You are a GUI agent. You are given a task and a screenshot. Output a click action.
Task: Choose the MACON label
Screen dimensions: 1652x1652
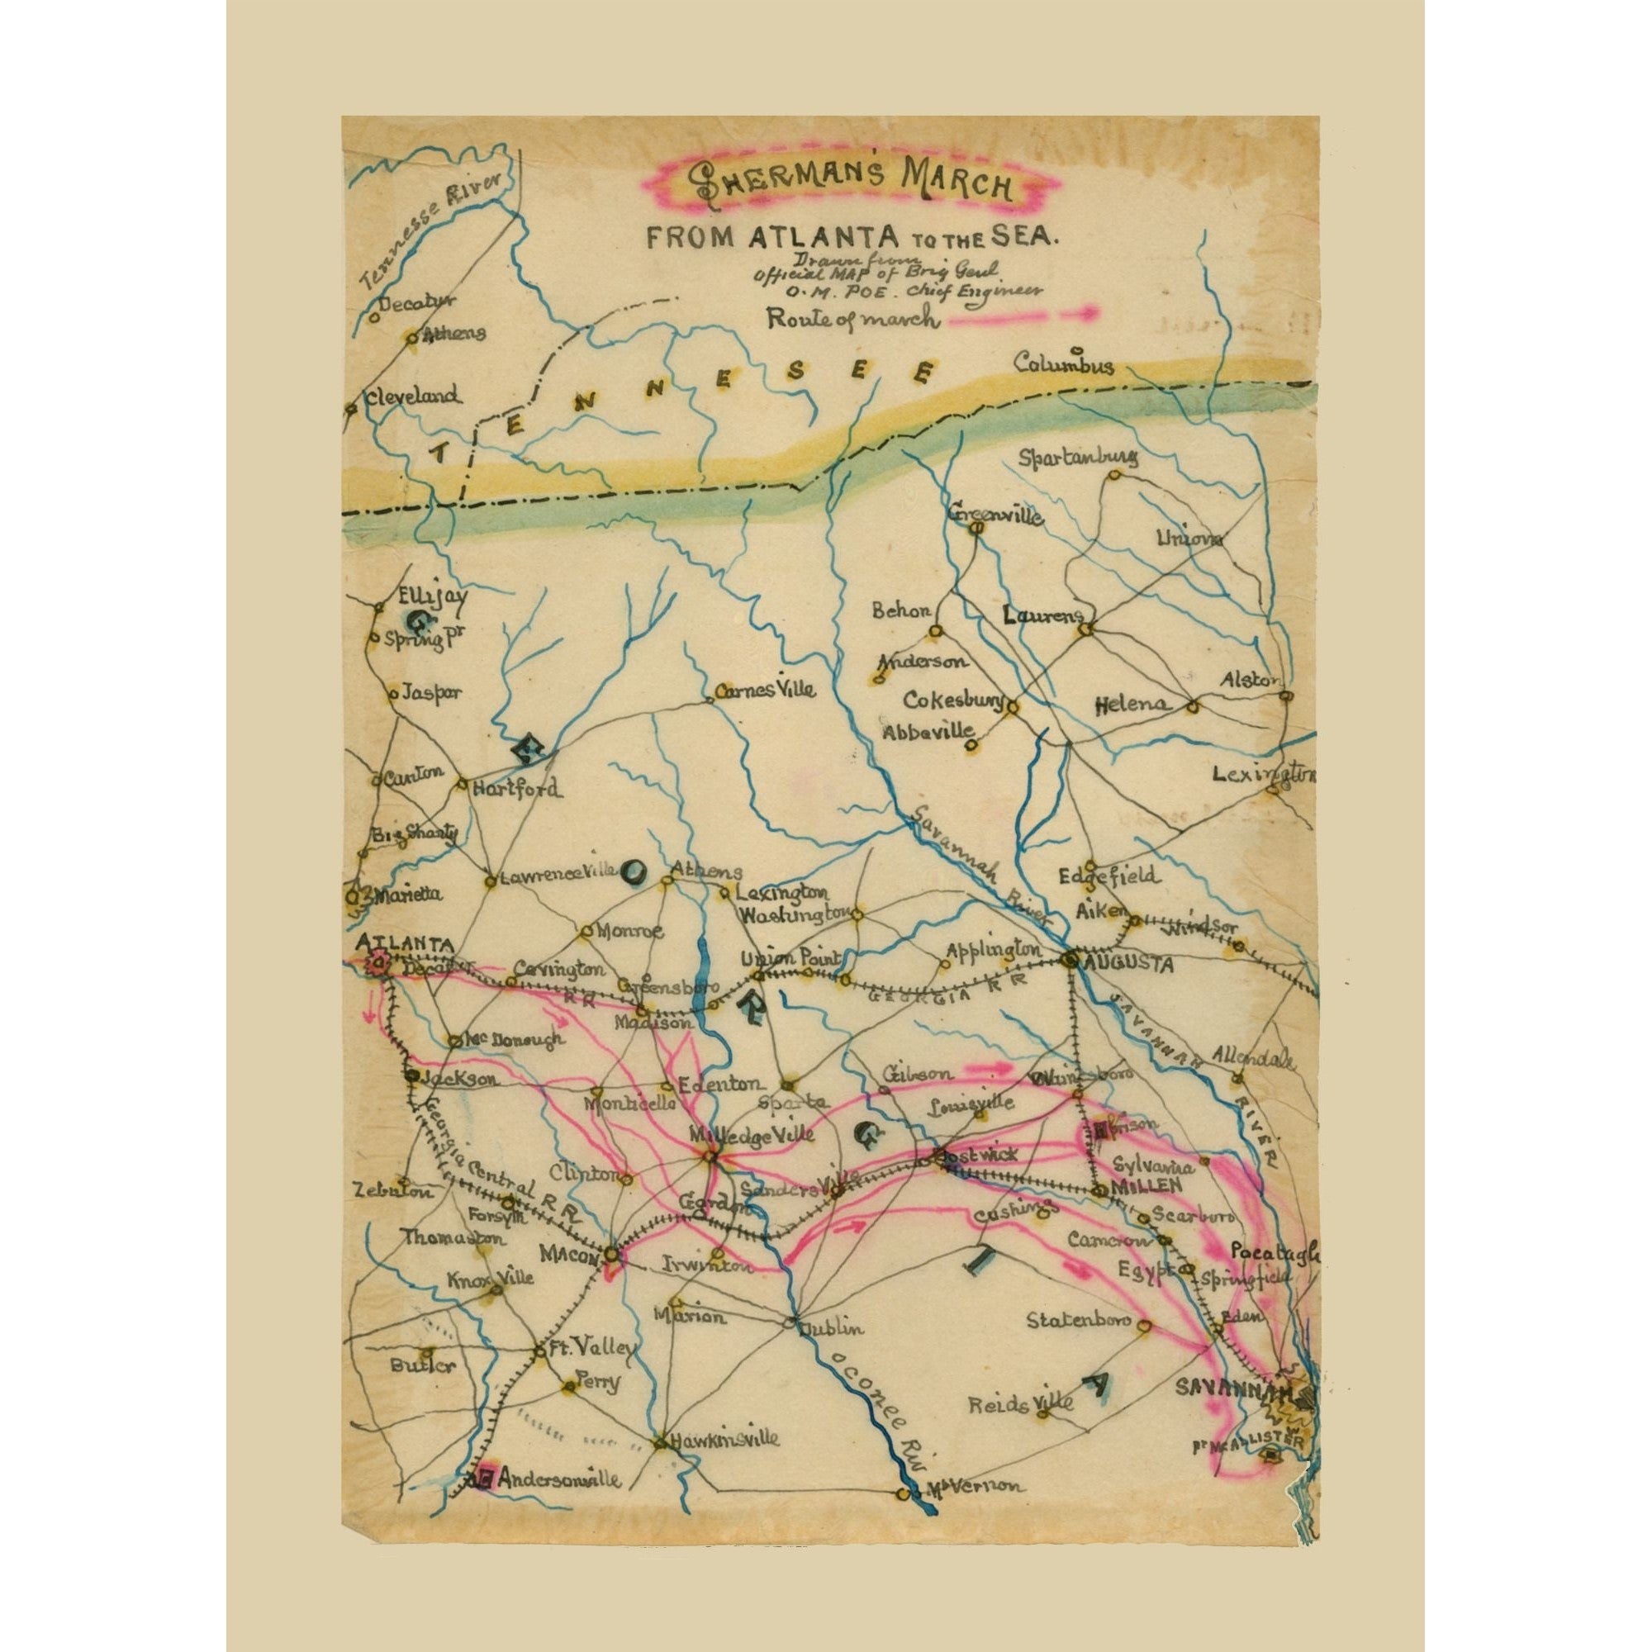(567, 1254)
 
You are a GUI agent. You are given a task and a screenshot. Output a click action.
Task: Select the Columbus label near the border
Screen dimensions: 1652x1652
(1064, 365)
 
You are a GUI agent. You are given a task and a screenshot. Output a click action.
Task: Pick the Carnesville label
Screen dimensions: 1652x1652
(766, 689)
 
